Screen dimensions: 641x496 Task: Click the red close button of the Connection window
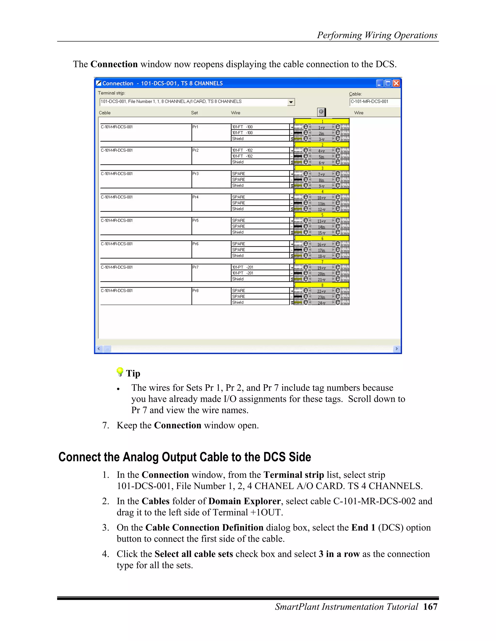(396, 83)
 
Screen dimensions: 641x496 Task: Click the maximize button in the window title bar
(388, 83)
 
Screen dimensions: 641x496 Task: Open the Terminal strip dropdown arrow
(291, 102)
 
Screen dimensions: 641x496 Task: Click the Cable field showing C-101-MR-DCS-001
(374, 102)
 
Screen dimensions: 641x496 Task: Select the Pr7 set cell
(211, 272)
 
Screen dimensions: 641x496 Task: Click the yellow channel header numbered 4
(322, 192)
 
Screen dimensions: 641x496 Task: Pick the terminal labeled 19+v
(321, 268)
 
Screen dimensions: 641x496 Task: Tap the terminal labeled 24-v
(321, 303)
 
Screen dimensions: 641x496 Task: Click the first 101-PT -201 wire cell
(260, 267)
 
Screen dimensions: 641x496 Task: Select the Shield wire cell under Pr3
(260, 186)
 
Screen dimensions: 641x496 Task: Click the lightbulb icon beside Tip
(120, 372)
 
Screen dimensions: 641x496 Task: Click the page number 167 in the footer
(430, 607)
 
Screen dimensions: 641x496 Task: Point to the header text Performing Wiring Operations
(377, 35)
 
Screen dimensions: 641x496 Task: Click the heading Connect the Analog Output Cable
(185, 457)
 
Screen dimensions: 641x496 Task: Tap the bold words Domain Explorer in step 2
(244, 501)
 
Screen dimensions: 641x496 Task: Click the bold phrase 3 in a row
(339, 554)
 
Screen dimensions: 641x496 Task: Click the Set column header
(194, 113)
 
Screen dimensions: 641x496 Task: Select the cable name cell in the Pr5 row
(146, 226)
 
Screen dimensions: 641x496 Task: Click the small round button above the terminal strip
(321, 112)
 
